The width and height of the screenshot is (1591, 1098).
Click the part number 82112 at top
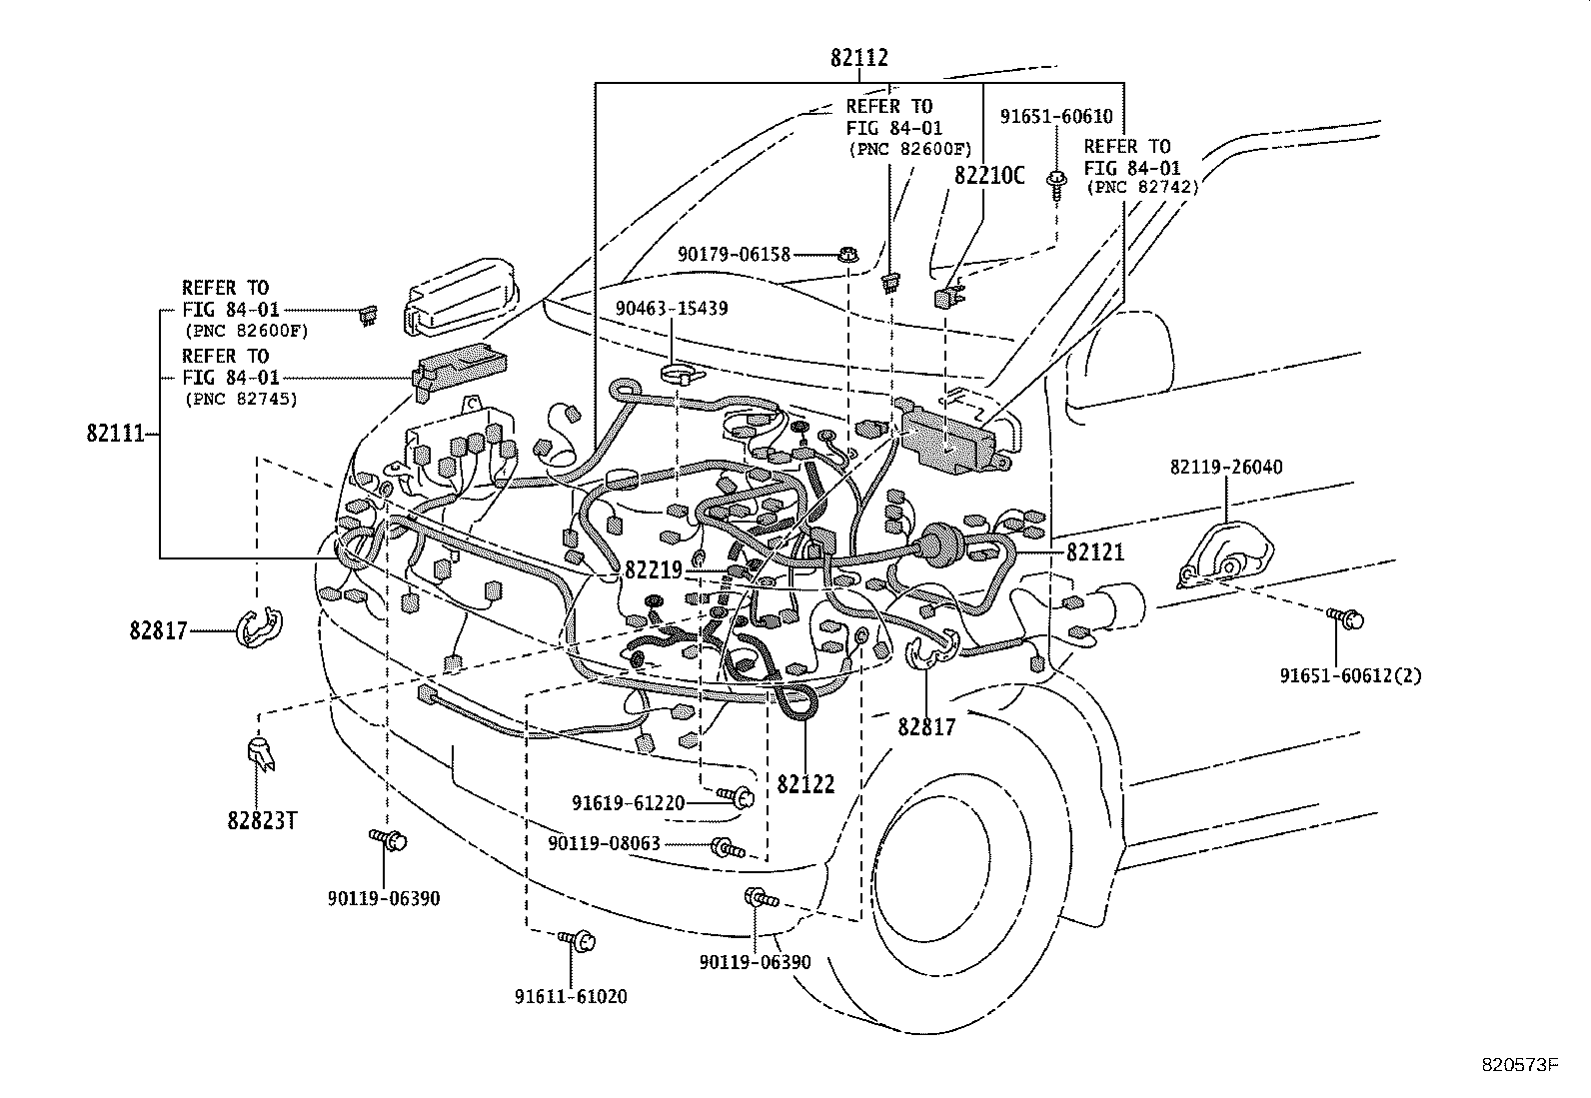click(858, 59)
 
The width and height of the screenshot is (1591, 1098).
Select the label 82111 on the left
click(116, 434)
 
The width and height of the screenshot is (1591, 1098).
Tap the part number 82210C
click(988, 176)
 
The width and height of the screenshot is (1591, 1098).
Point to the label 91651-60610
click(1055, 117)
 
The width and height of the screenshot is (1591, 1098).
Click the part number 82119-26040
click(1226, 467)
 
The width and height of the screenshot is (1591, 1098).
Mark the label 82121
click(1095, 550)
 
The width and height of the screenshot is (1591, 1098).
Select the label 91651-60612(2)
click(1350, 675)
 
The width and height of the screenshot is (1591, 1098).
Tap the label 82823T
click(263, 820)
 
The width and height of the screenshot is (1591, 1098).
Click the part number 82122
click(805, 784)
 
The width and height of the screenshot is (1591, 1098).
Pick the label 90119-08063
click(604, 844)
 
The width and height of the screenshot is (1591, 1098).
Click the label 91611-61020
click(571, 996)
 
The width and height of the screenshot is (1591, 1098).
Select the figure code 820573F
click(1519, 1065)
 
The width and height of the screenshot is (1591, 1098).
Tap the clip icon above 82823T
click(260, 753)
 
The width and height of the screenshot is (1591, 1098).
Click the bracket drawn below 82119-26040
click(1227, 555)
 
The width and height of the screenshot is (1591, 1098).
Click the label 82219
click(653, 569)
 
